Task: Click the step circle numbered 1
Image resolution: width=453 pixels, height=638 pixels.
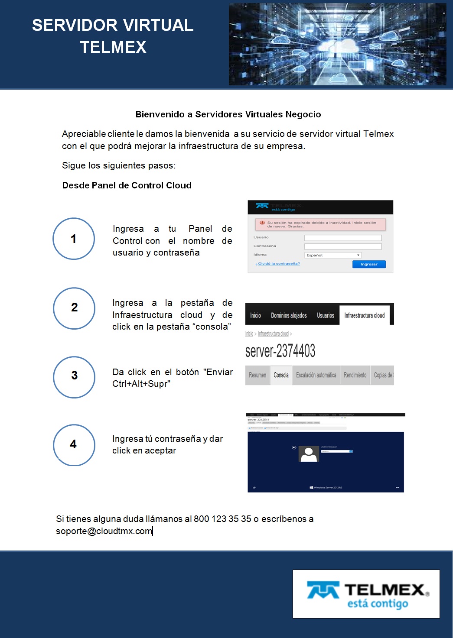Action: [x=74, y=239]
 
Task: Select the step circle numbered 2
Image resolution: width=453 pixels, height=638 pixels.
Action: [x=74, y=308]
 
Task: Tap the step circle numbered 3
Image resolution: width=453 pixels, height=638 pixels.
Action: [x=74, y=377]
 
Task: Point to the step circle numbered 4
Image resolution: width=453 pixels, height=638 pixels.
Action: [x=74, y=445]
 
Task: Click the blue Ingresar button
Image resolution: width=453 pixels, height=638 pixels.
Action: [x=369, y=264]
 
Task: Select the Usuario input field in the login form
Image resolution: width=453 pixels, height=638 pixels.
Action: [x=343, y=238]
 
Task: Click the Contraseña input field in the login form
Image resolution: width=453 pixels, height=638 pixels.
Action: [x=343, y=246]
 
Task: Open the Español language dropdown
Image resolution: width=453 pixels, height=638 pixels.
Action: [x=333, y=255]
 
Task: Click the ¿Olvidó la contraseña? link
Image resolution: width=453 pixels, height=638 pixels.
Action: [x=277, y=263]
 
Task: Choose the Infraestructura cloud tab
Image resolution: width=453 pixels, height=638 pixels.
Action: [x=364, y=315]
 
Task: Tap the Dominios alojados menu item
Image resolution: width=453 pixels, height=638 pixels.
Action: [x=289, y=315]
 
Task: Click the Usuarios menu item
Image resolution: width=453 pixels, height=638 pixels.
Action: [x=326, y=315]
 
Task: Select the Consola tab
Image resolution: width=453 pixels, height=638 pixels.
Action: [x=281, y=375]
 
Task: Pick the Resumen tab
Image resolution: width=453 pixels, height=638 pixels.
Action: [x=257, y=375]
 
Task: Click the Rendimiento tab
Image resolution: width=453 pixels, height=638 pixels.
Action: [x=355, y=375]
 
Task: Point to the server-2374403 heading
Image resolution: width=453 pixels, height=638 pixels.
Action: [x=280, y=351]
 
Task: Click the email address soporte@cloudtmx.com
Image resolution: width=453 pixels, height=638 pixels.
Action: [x=104, y=531]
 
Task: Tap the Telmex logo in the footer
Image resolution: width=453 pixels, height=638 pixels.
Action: [x=366, y=594]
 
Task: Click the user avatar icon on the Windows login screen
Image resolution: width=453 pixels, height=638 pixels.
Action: [x=309, y=454]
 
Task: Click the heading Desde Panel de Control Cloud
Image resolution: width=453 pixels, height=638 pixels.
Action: [x=127, y=185]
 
